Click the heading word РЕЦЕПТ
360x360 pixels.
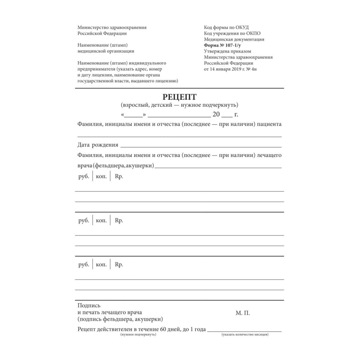(x=180, y=97)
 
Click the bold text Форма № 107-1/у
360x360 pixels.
(x=223, y=45)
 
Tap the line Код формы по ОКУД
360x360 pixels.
(x=226, y=27)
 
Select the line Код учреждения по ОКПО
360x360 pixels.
(x=232, y=33)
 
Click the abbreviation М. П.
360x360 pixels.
(x=243, y=312)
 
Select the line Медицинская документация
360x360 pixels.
(x=234, y=39)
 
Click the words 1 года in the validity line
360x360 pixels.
(x=195, y=329)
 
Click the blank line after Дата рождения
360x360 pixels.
(x=201, y=146)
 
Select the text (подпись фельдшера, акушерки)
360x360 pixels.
(x=120, y=319)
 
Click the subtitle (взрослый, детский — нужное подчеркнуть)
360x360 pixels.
(x=179, y=105)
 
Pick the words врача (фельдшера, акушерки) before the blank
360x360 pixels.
(x=116, y=166)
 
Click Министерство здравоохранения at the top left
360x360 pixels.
(x=112, y=27)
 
